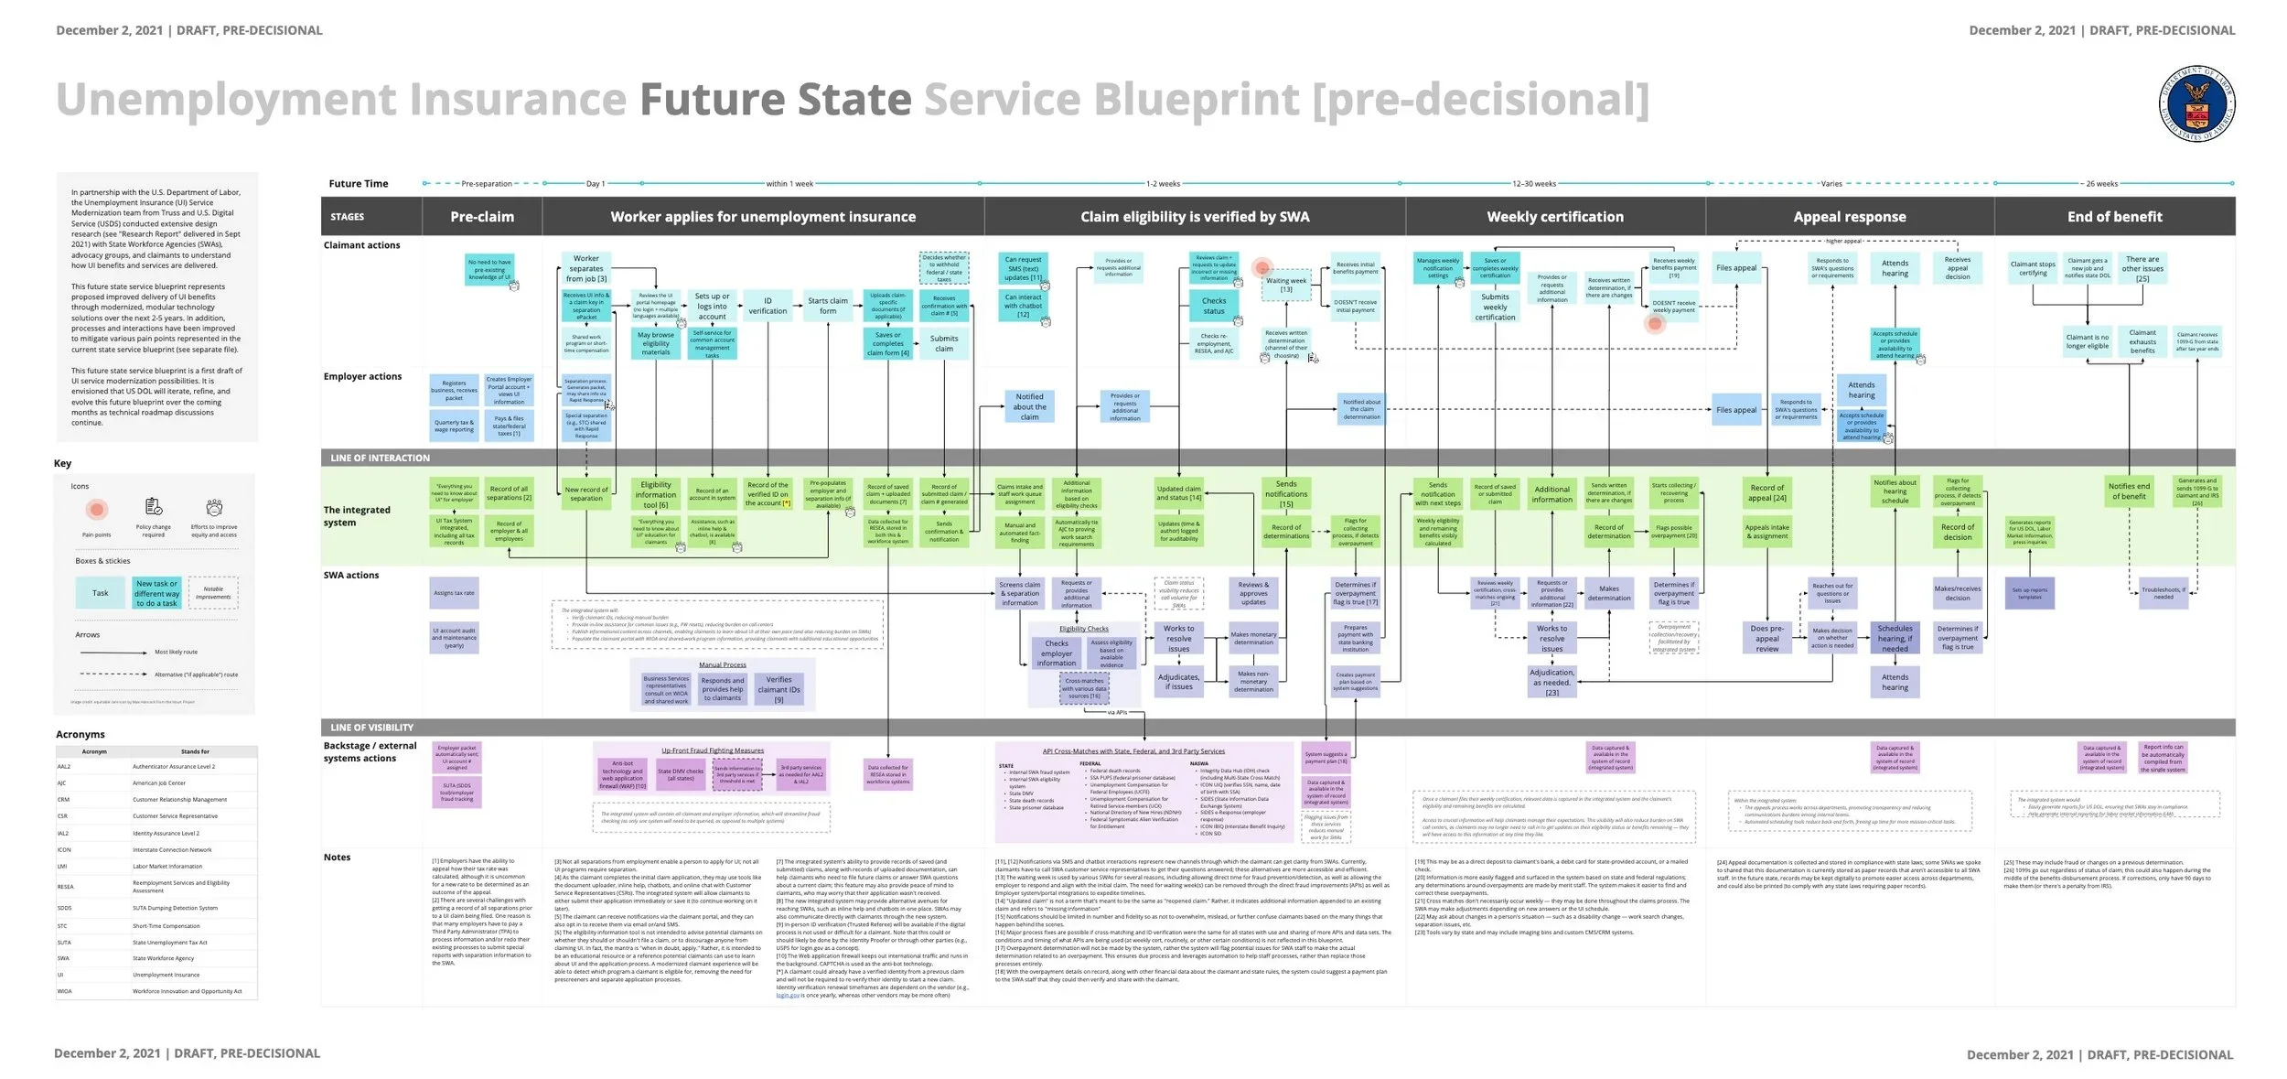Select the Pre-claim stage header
click(x=481, y=217)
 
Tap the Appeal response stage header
click(x=1849, y=217)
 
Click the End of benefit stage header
click(x=2114, y=217)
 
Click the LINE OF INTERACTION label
click(x=380, y=458)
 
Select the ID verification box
click(x=767, y=306)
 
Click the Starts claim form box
click(x=827, y=306)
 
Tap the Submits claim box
click(x=943, y=343)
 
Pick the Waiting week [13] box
click(x=1285, y=286)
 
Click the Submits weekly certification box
click(x=1495, y=307)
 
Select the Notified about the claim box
click(x=1029, y=406)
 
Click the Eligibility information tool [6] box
click(x=655, y=494)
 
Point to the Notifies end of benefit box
click(x=2129, y=491)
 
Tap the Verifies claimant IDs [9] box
click(x=778, y=689)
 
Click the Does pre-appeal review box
click(x=1766, y=638)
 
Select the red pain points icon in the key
click(x=97, y=509)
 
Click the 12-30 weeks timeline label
click(x=1533, y=184)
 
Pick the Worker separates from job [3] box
click(x=585, y=268)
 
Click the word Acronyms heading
click(x=81, y=734)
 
